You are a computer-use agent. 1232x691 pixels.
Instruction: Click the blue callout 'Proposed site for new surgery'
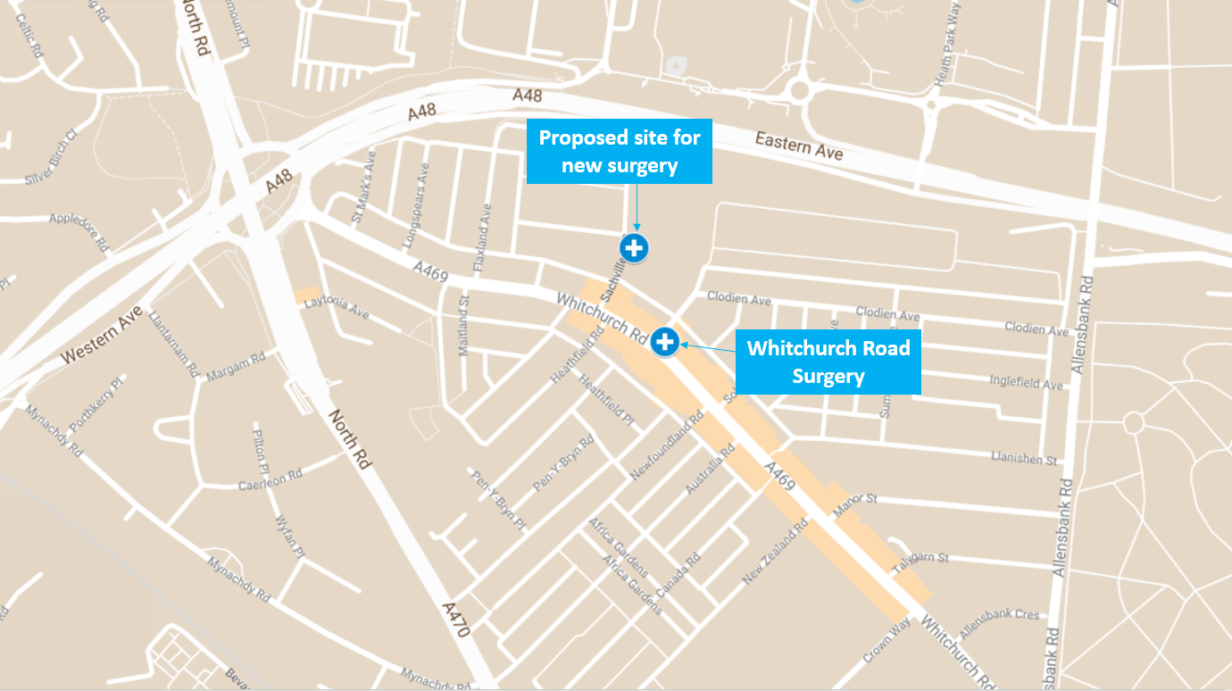click(x=620, y=151)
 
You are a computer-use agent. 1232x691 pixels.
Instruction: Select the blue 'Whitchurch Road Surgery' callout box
click(x=828, y=361)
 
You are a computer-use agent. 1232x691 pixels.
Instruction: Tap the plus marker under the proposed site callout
click(x=634, y=247)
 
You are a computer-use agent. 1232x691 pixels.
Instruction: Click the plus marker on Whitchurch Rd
click(x=664, y=341)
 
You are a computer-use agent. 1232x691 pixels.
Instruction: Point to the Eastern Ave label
click(x=798, y=146)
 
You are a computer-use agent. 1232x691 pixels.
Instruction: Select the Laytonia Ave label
click(x=337, y=308)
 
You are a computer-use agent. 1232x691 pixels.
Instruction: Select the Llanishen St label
click(x=1023, y=459)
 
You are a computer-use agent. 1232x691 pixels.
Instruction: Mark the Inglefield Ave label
click(x=1026, y=383)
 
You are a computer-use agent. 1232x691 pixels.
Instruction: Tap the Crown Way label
click(x=885, y=640)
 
